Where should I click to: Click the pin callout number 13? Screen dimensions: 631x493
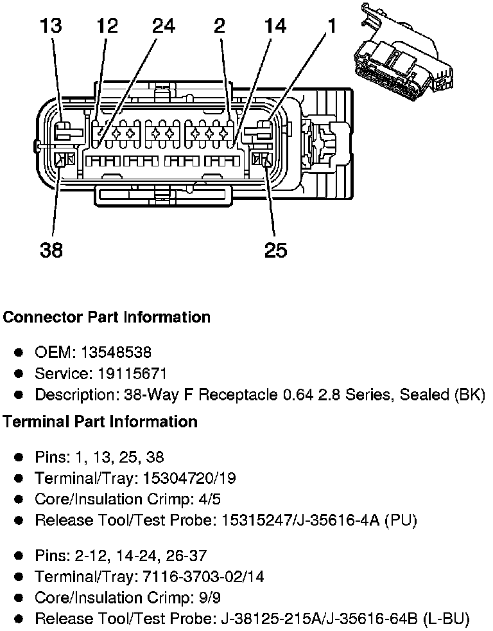tap(51, 27)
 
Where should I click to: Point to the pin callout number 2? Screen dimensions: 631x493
tap(220, 27)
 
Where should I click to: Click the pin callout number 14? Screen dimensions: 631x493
tap(275, 27)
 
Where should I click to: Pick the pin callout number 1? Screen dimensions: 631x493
tap(331, 27)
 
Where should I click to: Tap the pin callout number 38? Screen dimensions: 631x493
tap(51, 250)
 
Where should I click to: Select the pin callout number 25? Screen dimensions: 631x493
tap(276, 250)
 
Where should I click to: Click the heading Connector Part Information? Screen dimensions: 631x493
tap(107, 317)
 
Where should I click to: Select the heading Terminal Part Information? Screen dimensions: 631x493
tap(100, 422)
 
